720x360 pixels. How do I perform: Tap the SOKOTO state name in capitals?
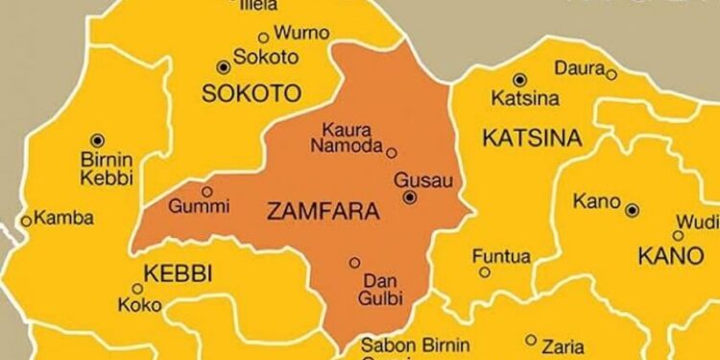252,93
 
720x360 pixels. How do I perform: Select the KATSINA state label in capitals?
531,138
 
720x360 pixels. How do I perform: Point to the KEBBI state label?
177,272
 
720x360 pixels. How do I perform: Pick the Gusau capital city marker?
410,198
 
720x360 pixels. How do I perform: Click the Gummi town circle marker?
206,191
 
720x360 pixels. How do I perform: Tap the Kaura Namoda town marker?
391,152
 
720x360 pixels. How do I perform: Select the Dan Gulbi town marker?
354,262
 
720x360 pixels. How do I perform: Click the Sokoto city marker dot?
224,66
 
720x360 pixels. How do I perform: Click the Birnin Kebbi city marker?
96,140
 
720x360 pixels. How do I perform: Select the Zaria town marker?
531,339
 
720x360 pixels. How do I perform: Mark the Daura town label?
579,69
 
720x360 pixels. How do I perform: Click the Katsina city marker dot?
519,80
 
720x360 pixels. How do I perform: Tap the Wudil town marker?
678,234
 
